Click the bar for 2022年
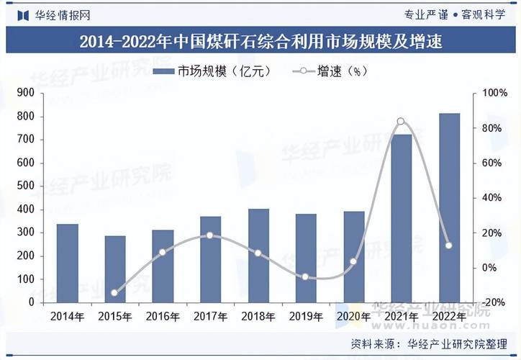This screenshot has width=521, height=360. click(449, 208)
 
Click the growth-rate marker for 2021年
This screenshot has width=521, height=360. click(401, 121)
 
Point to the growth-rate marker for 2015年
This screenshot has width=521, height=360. click(114, 293)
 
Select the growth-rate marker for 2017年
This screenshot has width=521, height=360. click(210, 235)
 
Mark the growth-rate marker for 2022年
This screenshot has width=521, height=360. click(449, 246)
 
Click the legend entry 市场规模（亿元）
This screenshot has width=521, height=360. click(215, 71)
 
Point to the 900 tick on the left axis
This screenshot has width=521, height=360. click(25, 93)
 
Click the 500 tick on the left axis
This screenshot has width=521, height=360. click(25, 186)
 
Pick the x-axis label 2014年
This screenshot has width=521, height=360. click(67, 316)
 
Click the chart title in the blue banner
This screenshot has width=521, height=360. click(260, 42)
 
